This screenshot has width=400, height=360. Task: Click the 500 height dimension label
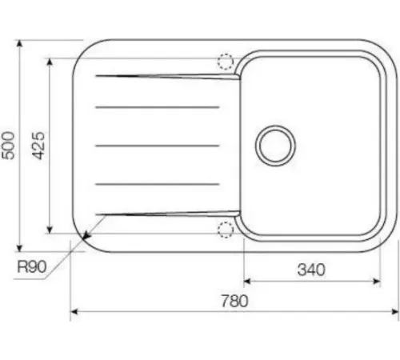(8, 146)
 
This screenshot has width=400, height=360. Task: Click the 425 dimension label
(38, 146)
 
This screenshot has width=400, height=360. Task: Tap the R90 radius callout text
(32, 266)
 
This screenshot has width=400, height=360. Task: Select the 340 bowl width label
(311, 270)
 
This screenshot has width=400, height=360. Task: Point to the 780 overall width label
(234, 301)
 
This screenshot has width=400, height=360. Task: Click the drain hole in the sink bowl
(275, 146)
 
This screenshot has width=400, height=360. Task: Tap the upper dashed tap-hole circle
(226, 62)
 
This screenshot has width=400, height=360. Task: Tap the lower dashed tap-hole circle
(226, 230)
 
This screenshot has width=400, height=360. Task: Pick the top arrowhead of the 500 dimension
(19, 43)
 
